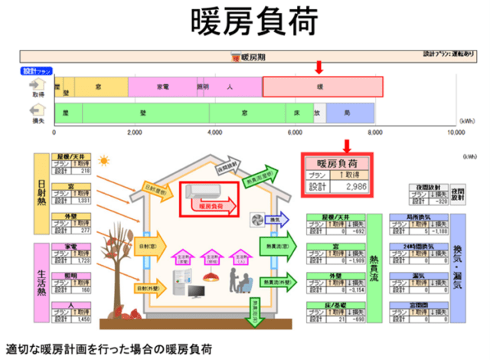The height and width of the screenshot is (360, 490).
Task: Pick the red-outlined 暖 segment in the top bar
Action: coord(322,87)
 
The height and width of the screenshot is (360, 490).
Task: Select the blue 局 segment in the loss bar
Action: coord(348,113)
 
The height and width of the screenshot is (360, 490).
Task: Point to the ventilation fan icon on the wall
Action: coord(259,219)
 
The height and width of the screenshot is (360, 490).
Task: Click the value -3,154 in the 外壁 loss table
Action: coord(354,291)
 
